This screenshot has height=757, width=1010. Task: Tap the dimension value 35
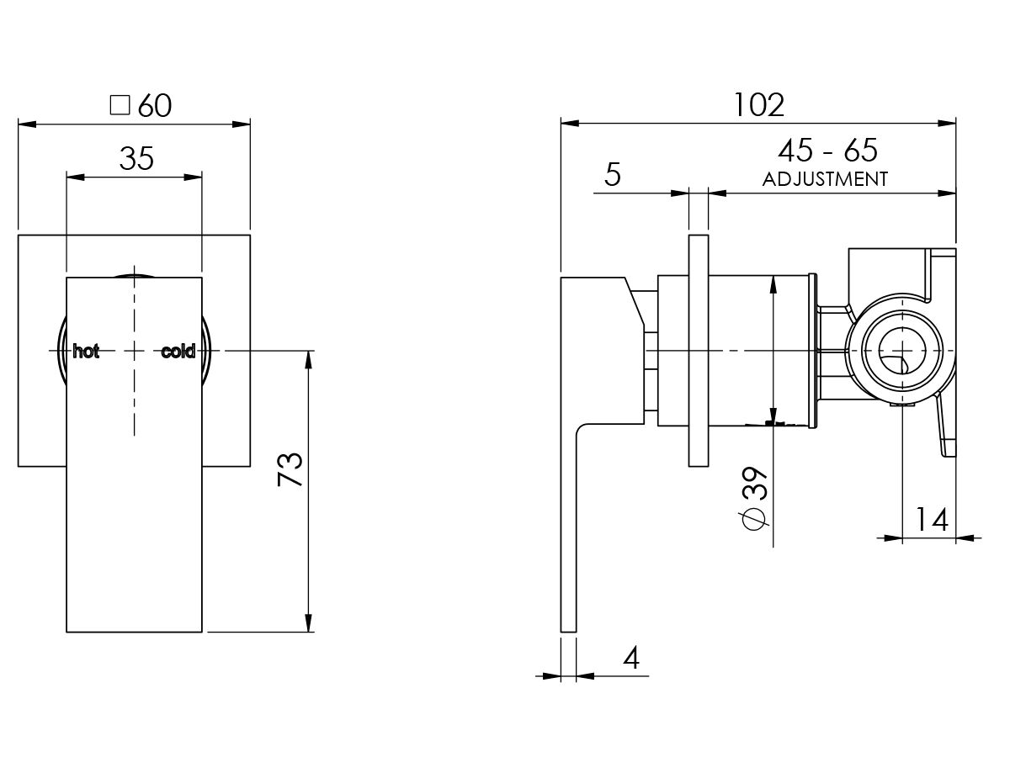[x=136, y=158]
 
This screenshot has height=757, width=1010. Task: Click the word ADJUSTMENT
[x=825, y=178]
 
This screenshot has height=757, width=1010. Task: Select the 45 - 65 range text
[x=827, y=151]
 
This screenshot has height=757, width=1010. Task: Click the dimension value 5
[x=612, y=175]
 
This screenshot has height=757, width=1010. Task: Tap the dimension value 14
[x=931, y=519]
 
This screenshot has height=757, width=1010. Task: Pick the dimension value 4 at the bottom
[x=630, y=657]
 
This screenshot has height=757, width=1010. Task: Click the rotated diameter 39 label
[x=755, y=485]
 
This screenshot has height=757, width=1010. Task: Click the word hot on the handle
[x=86, y=352]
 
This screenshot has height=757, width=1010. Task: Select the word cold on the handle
[x=178, y=352]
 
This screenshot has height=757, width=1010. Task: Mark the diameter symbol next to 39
[x=755, y=520]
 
